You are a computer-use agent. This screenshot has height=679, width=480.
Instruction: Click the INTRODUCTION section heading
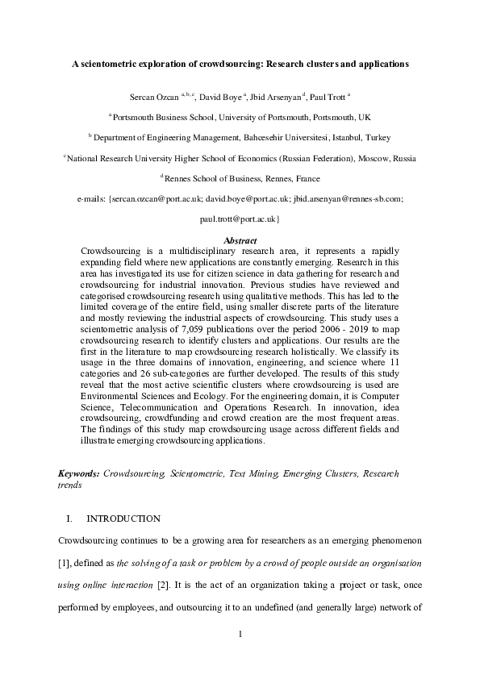tap(123, 519)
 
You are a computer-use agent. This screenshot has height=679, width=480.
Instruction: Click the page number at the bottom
tap(240, 635)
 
